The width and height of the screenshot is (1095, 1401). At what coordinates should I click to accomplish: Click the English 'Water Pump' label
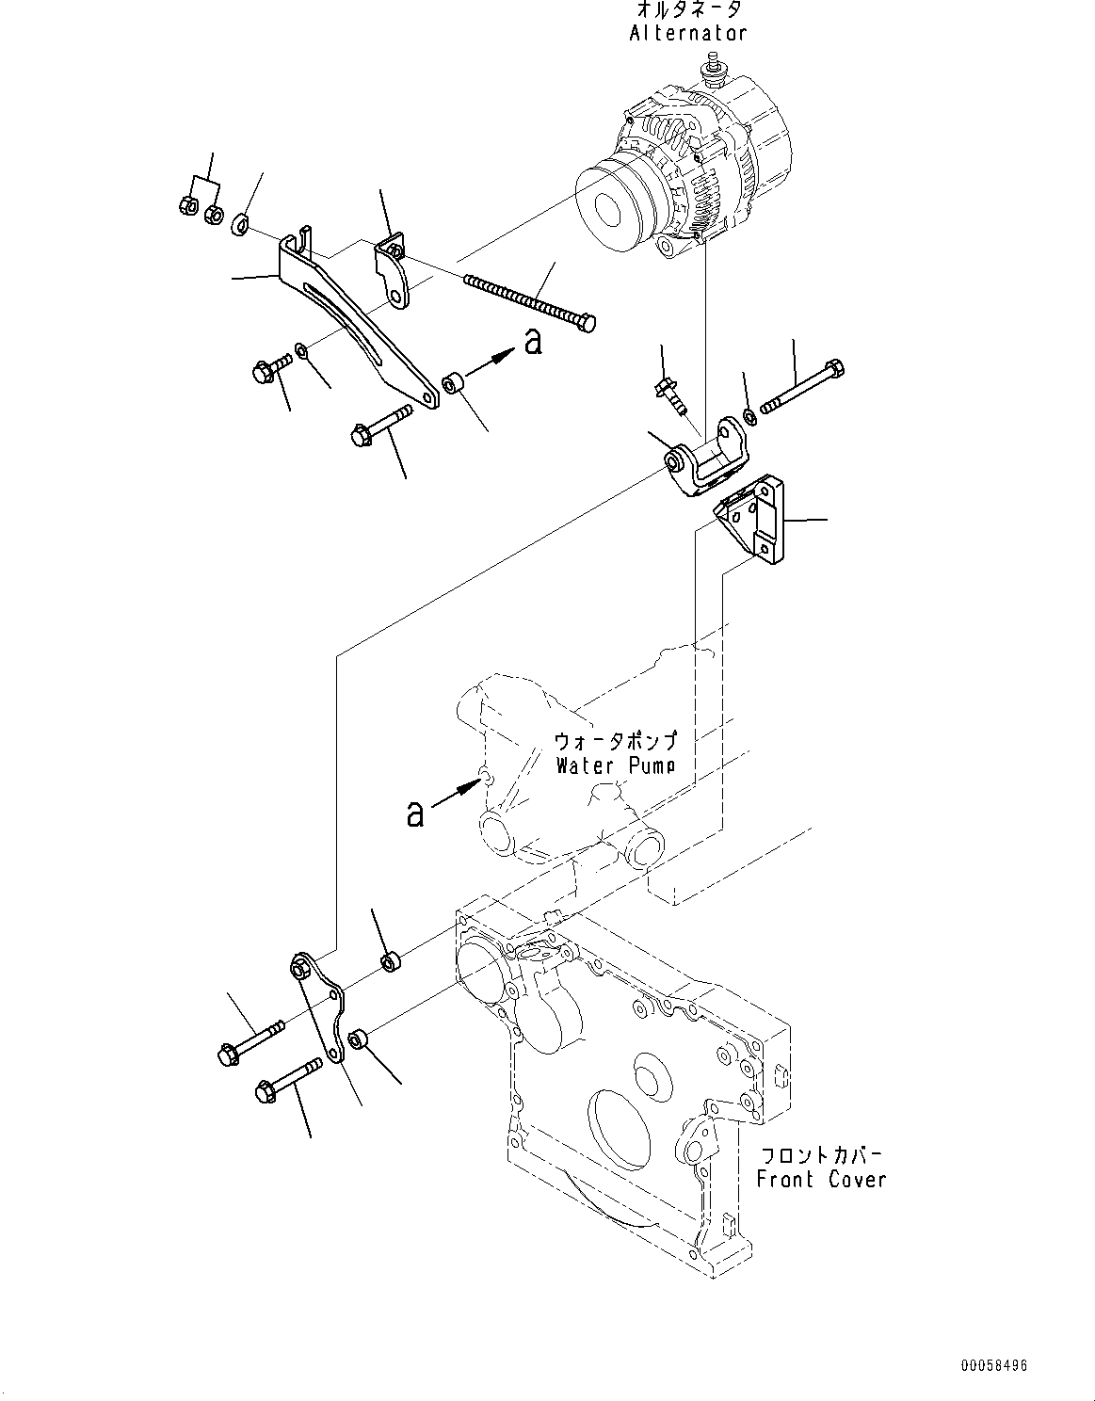(x=615, y=765)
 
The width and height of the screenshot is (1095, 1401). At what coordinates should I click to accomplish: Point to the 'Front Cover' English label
(x=821, y=1179)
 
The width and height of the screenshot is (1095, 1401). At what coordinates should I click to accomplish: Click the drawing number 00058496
(x=994, y=1364)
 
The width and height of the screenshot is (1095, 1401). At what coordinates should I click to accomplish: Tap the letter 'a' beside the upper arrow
(x=533, y=341)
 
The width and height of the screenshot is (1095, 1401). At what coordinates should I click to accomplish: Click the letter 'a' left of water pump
(x=415, y=813)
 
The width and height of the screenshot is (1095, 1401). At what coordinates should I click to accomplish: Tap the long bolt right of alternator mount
(x=805, y=387)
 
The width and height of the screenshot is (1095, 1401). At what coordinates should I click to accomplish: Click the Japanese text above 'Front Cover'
(x=821, y=1154)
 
